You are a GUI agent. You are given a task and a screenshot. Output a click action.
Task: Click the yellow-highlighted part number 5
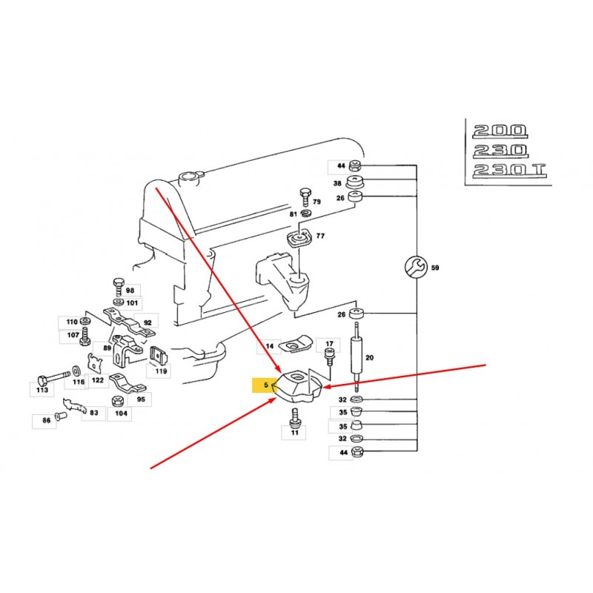coord(263,385)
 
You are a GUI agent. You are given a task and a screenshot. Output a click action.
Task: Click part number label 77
coord(320,236)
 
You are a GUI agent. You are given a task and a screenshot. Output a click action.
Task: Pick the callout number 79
coord(317,202)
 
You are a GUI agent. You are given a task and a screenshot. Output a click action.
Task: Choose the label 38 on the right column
coord(337,182)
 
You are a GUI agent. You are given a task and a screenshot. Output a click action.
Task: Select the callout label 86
coord(46,420)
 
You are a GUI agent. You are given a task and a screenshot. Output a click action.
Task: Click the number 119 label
coord(161,373)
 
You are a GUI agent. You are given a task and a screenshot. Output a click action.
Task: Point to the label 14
coord(269,345)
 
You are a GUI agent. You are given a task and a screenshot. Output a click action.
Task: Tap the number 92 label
coord(147,322)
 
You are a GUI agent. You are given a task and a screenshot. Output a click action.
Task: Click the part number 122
coord(98,381)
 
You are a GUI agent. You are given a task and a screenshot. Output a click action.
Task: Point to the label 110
coord(71,322)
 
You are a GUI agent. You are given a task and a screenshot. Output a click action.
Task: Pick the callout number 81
coord(294,214)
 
